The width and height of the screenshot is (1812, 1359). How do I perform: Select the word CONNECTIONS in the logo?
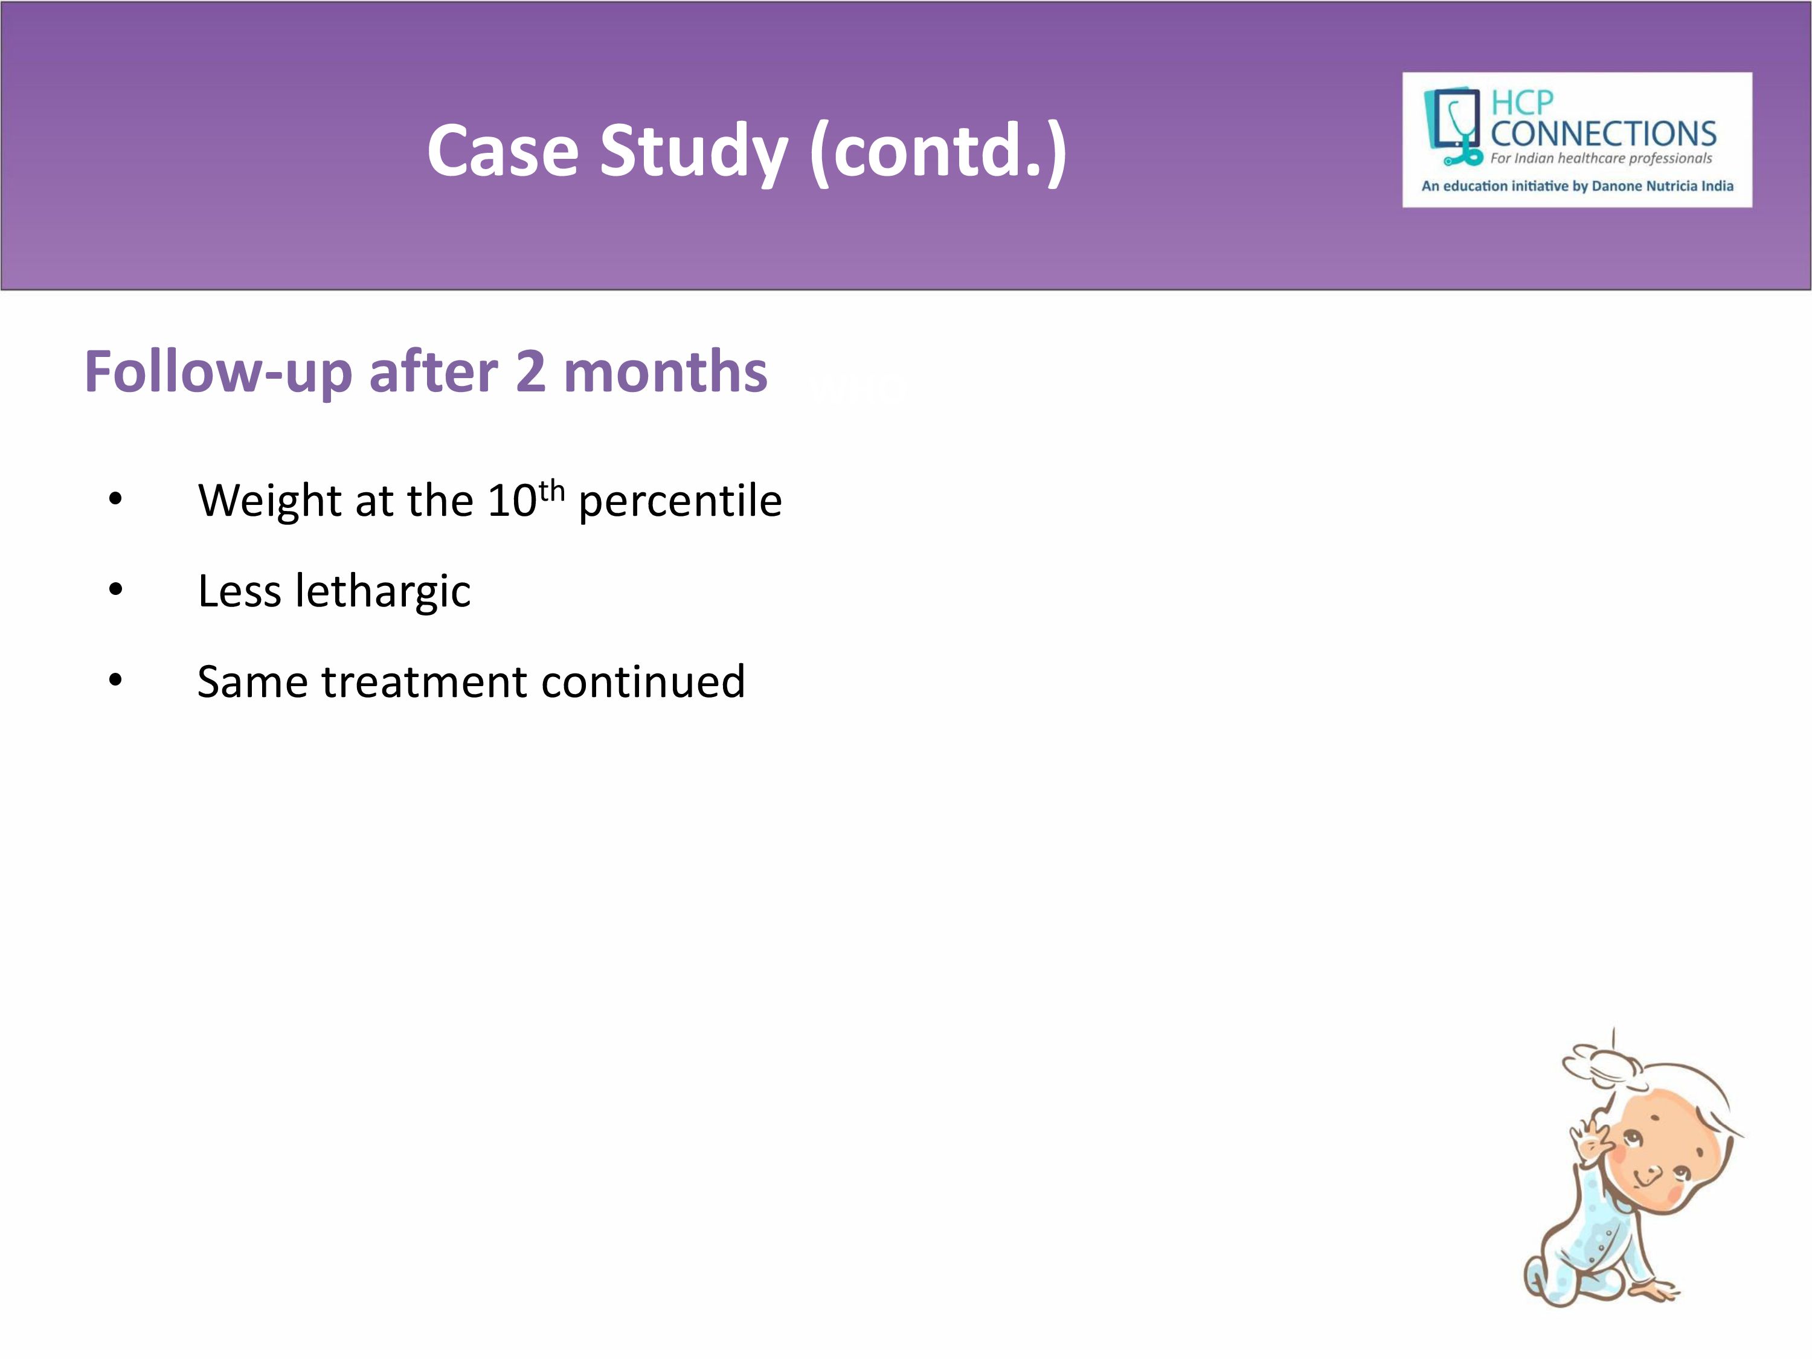click(x=1603, y=133)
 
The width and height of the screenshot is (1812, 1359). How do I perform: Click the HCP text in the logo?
click(x=1521, y=103)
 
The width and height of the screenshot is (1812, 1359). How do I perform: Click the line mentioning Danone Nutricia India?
click(x=1578, y=186)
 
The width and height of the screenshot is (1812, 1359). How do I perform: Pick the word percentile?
click(x=680, y=501)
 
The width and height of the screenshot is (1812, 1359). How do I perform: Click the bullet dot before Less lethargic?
click(x=115, y=589)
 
